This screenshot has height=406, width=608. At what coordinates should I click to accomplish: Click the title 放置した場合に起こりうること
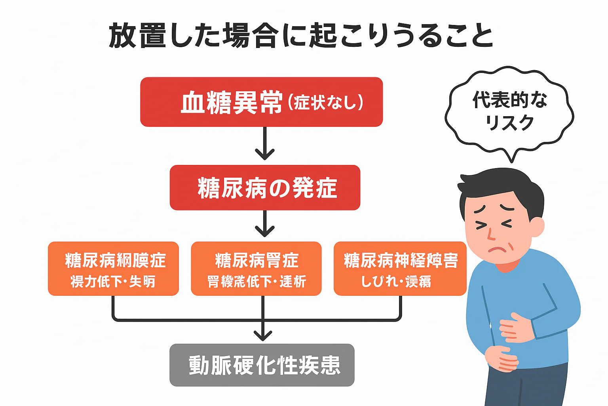pyautogui.click(x=301, y=36)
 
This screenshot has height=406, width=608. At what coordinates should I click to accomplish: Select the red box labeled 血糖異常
pyautogui.click(x=261, y=102)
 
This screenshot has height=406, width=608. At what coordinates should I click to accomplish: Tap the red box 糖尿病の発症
pyautogui.click(x=265, y=188)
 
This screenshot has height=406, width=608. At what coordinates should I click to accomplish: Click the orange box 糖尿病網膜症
pyautogui.click(x=113, y=269)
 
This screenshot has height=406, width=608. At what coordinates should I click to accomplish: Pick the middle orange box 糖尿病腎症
pyautogui.click(x=256, y=269)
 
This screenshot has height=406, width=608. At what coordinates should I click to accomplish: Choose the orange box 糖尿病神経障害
pyautogui.click(x=400, y=269)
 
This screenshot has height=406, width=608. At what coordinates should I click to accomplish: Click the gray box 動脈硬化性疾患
pyautogui.click(x=262, y=365)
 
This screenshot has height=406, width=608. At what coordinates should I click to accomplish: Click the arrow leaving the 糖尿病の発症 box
pyautogui.click(x=265, y=224)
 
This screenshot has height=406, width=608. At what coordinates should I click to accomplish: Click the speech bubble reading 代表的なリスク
pyautogui.click(x=509, y=111)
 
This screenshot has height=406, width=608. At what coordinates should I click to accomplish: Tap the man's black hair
pyautogui.click(x=499, y=186)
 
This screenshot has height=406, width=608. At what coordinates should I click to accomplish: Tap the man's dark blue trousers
pyautogui.click(x=526, y=387)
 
